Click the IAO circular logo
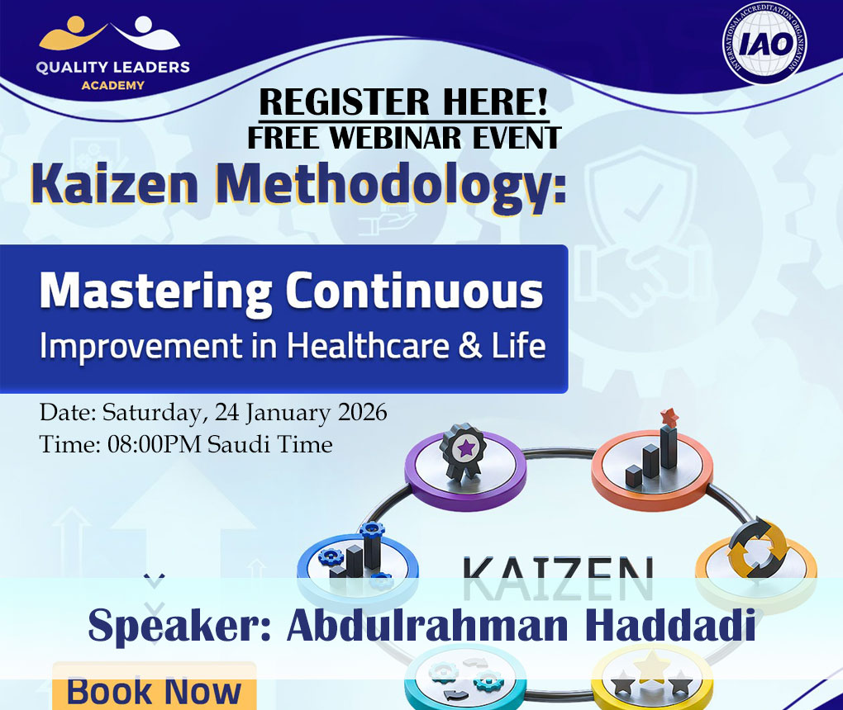[764, 44]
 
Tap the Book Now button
[154, 690]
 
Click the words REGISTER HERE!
[403, 102]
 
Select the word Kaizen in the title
[117, 186]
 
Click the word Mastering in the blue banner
[156, 292]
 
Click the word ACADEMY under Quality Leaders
[112, 85]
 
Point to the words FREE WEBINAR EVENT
[403, 137]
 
